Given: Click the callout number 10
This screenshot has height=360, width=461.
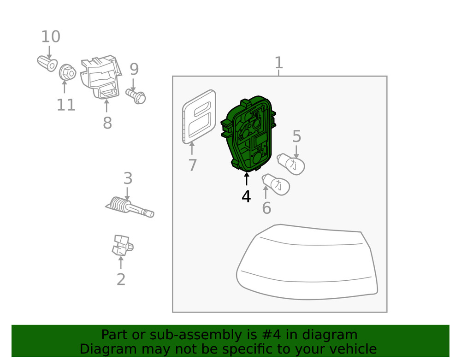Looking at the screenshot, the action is (x=51, y=37).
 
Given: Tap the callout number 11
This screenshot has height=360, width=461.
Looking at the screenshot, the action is (x=66, y=105).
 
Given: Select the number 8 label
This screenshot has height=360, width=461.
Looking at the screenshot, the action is (x=107, y=123).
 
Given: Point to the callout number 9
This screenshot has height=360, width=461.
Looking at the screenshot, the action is (x=134, y=69).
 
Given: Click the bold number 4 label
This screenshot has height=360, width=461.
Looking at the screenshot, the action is (x=246, y=196).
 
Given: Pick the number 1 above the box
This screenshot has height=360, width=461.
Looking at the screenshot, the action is (x=278, y=63).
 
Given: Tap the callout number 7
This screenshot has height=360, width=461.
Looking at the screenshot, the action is (x=192, y=165).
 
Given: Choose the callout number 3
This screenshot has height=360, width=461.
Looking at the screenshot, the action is (x=128, y=178).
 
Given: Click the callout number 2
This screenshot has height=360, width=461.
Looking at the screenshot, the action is (x=121, y=279).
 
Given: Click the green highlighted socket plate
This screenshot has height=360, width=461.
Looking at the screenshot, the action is (x=248, y=134).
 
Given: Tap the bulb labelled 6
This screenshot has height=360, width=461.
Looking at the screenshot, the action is (x=276, y=184).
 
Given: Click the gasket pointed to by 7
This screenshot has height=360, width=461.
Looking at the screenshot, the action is (x=199, y=117).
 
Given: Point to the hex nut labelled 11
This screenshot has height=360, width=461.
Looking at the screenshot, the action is (x=67, y=72).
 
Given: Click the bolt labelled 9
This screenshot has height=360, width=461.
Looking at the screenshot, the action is (x=136, y=96).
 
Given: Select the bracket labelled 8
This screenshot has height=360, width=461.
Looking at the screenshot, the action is (x=101, y=77).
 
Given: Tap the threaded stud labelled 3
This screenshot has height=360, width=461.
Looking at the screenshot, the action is (x=130, y=207).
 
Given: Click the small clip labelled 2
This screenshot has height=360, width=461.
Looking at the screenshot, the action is (x=122, y=245).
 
